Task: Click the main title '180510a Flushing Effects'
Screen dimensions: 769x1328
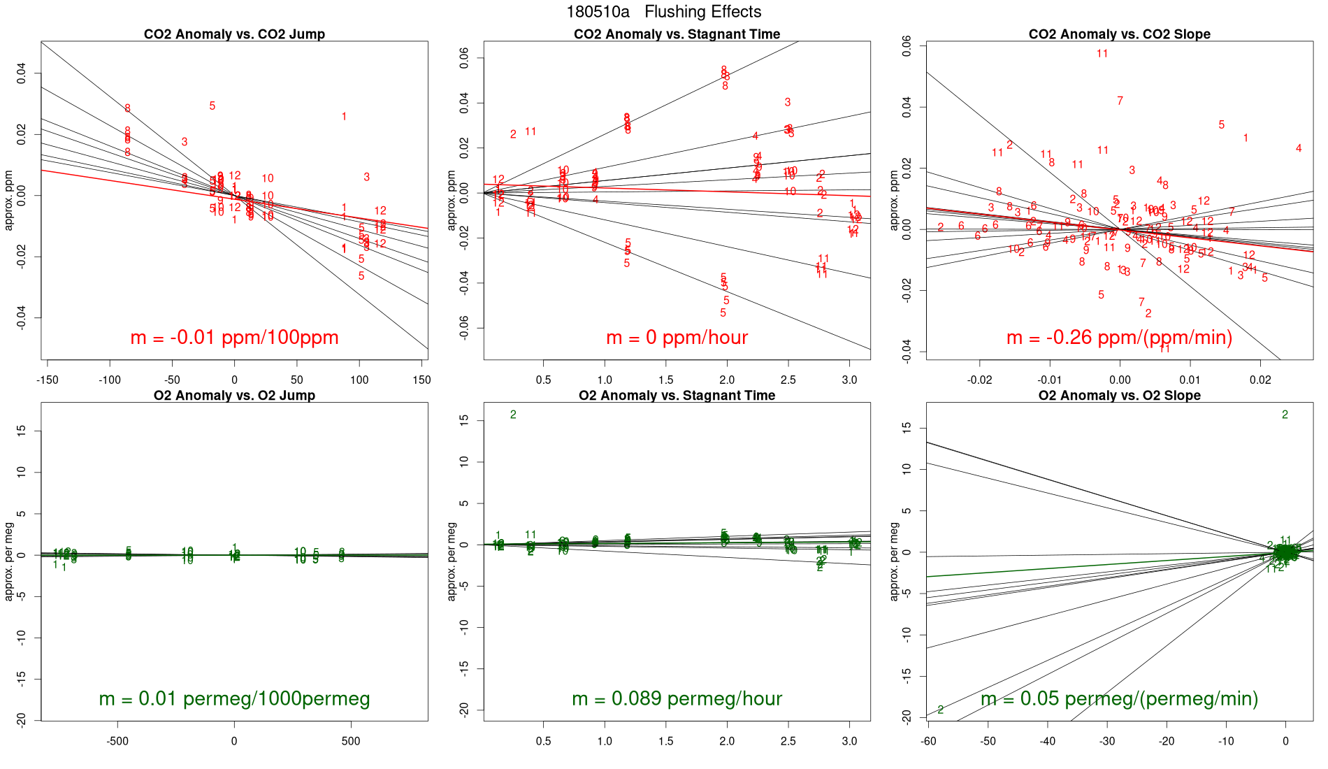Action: [x=663, y=12]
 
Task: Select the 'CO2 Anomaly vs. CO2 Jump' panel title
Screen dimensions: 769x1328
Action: [x=234, y=34]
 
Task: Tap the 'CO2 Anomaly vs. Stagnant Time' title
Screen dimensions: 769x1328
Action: [x=677, y=34]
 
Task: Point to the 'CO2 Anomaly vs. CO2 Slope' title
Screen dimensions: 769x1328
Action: [x=1119, y=34]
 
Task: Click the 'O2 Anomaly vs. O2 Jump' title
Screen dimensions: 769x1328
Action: [x=234, y=396]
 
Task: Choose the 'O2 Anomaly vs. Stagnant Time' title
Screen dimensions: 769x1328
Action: [x=677, y=396]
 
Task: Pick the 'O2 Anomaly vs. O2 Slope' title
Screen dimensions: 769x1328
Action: [x=1119, y=396]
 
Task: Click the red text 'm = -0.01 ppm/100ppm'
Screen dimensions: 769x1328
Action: [x=234, y=338]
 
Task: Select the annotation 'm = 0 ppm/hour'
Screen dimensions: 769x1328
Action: [x=677, y=338]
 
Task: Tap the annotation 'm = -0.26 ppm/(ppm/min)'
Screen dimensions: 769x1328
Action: [x=1119, y=338]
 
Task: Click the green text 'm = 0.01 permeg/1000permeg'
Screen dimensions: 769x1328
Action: [x=234, y=699]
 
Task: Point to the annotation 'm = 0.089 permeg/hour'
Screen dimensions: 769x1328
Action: [x=677, y=699]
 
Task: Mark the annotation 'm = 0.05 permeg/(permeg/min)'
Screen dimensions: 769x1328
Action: [x=1119, y=699]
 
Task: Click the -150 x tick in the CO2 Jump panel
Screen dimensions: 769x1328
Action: [x=48, y=380]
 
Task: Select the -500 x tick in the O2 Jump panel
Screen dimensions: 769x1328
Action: [x=117, y=741]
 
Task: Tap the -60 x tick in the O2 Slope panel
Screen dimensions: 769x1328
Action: [x=928, y=741]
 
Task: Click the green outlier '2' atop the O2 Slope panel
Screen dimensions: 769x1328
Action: [x=1285, y=415]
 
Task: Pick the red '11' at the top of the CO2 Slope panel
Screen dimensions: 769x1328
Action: [x=1102, y=54]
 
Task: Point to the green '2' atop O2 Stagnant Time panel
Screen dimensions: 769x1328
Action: [x=513, y=415]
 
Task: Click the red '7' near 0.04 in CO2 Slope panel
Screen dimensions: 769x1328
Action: [x=1120, y=101]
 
